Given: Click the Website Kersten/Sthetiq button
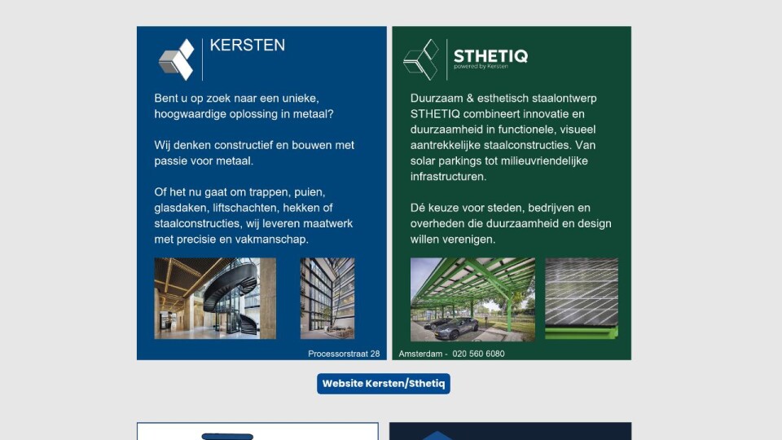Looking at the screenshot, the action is tap(384, 384).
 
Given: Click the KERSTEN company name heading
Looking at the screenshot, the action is tap(248, 46).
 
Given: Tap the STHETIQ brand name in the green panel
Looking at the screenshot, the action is tap(490, 56).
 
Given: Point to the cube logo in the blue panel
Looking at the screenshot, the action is tap(177, 59).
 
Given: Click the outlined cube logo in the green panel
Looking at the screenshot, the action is tap(421, 59).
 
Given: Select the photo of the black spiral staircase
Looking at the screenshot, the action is tap(215, 298).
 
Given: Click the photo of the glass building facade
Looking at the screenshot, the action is tap(327, 298).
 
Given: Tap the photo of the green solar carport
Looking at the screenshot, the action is tap(472, 299).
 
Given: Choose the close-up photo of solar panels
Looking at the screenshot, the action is tap(582, 299).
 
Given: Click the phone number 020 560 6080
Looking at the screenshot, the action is tap(478, 354).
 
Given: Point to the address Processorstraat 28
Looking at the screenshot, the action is tap(344, 354).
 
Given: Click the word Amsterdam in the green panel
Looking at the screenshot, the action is tap(420, 354).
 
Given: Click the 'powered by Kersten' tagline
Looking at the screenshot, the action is tap(481, 66).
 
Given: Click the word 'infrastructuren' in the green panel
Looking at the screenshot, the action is tap(448, 177).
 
